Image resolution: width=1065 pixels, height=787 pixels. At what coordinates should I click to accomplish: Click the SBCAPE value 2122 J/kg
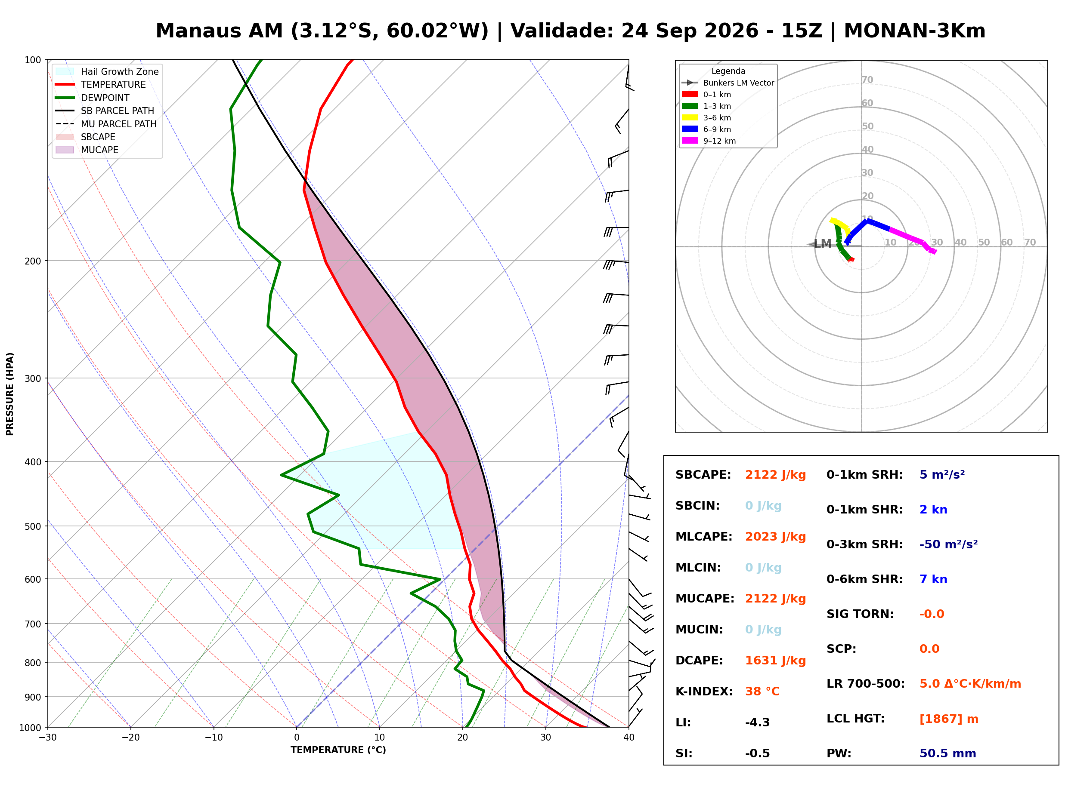pos(775,475)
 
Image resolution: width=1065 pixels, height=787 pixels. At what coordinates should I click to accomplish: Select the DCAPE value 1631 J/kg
pos(775,661)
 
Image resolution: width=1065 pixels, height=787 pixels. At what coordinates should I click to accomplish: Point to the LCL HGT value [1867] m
pos(949,719)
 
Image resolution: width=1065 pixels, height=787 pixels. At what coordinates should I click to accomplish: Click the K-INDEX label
pos(704,692)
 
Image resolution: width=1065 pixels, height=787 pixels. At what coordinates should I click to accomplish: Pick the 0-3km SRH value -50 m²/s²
pos(948,544)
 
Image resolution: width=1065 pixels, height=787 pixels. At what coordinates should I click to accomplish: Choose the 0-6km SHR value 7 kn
pos(933,579)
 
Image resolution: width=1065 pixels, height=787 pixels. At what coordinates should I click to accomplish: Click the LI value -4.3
pos(757,722)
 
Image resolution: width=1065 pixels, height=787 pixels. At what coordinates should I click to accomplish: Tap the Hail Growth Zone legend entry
pos(107,71)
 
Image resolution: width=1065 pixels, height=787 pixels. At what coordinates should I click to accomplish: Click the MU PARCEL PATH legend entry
pos(106,124)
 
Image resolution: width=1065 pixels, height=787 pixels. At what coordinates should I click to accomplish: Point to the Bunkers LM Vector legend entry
pos(728,83)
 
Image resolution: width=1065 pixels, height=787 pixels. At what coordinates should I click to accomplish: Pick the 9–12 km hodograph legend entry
pos(709,141)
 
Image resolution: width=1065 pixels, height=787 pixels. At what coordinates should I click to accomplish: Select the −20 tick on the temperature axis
pos(130,738)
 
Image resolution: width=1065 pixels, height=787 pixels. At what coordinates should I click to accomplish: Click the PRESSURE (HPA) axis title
pos(9,394)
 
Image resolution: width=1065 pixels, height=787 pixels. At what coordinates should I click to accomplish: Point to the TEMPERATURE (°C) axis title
pos(338,750)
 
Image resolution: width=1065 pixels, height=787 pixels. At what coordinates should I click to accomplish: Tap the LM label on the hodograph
pos(823,244)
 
